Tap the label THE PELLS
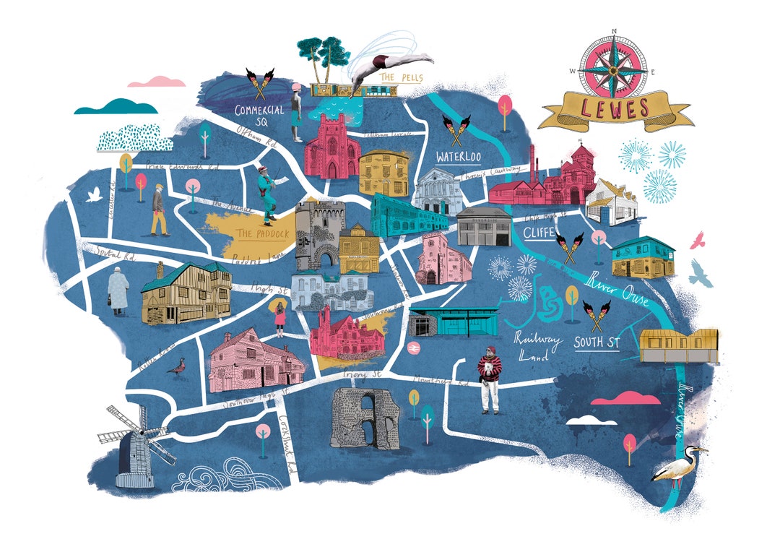point(396,77)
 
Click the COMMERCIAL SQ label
point(259,116)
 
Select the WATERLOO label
point(459,157)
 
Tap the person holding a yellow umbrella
point(279,318)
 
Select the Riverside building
point(483,226)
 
